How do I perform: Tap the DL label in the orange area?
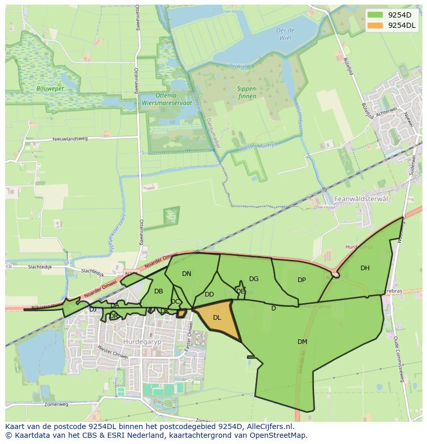tap(217, 318)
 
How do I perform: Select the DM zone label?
tap(302, 342)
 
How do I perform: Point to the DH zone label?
tap(365, 268)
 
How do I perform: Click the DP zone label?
tap(302, 280)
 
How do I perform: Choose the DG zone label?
tap(254, 279)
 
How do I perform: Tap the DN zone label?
tap(187, 274)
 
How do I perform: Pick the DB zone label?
tap(158, 291)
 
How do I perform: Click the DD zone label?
tap(209, 294)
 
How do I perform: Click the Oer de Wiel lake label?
tap(285, 34)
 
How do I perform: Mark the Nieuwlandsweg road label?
tap(70, 139)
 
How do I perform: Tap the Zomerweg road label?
tap(56, 405)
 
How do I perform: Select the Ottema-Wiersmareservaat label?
tap(166, 99)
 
